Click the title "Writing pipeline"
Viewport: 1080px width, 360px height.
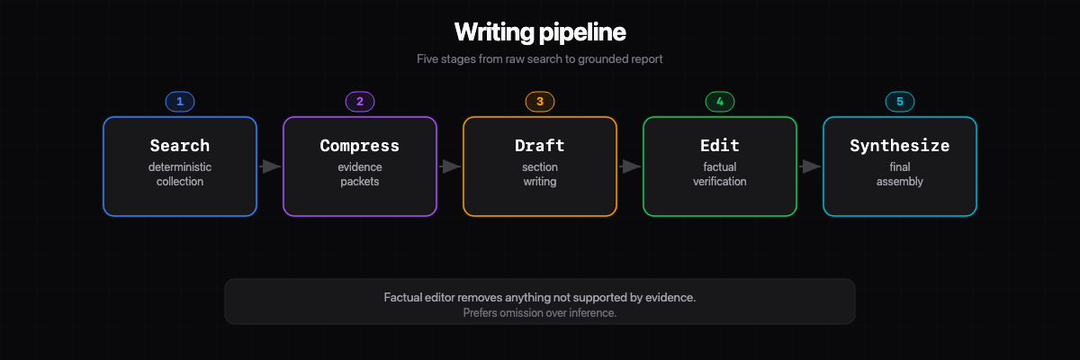point(540,32)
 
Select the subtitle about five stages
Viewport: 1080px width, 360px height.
point(540,59)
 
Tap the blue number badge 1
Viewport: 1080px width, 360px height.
point(180,102)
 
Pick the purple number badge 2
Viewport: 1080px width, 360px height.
point(360,102)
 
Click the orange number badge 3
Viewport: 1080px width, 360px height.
point(540,102)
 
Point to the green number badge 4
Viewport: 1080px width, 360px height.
point(720,102)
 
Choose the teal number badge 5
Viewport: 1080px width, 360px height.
point(900,102)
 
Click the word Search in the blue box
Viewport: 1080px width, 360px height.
point(180,146)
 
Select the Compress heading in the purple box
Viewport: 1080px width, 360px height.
point(360,146)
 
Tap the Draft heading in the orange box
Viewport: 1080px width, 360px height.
point(540,146)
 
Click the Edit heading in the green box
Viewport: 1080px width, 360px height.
point(720,146)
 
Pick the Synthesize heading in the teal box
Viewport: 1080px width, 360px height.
point(900,146)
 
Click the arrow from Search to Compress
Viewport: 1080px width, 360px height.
point(270,166)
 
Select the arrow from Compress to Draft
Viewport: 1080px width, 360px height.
point(450,166)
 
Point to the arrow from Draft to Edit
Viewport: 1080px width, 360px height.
point(630,166)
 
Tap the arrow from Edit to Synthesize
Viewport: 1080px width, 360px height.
point(810,166)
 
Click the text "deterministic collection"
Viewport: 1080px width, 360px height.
point(180,175)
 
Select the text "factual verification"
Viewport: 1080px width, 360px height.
point(720,175)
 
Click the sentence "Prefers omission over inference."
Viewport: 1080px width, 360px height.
point(540,313)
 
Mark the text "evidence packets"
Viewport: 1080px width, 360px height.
point(360,175)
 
